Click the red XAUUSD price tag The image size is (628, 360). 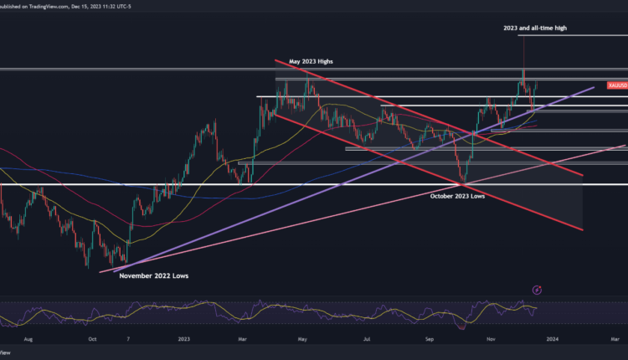click(x=618, y=85)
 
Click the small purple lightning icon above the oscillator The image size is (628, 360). click(x=536, y=290)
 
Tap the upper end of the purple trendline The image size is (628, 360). click(x=594, y=85)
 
